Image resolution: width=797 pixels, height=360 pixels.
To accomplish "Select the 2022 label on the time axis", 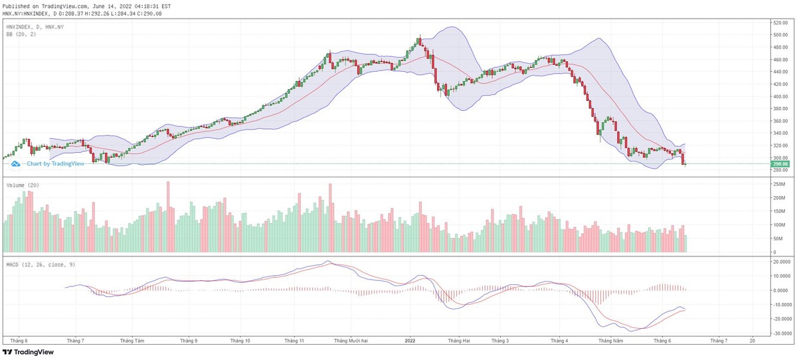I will click(410, 340).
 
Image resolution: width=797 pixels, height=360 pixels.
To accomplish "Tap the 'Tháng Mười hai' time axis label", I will click(351, 340).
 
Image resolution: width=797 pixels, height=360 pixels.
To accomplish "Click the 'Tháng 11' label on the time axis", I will click(294, 340).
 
